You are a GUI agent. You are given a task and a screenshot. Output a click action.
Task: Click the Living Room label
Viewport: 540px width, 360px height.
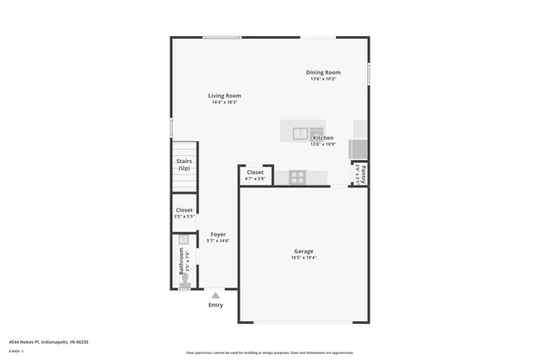pyautogui.click(x=225, y=95)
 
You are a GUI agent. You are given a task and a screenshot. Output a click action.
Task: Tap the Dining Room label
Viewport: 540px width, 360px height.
pyautogui.click(x=323, y=73)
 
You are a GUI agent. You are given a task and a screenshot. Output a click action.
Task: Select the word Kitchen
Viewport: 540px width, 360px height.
pyautogui.click(x=323, y=137)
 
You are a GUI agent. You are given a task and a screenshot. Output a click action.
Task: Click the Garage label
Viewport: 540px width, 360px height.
pyautogui.click(x=304, y=251)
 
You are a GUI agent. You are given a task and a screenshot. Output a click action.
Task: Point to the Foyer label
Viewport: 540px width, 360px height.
pyautogui.click(x=218, y=234)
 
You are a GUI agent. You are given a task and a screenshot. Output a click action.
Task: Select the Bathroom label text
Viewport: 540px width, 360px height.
pyautogui.click(x=181, y=261)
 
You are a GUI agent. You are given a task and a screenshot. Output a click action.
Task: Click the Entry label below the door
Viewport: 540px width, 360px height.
pyautogui.click(x=216, y=305)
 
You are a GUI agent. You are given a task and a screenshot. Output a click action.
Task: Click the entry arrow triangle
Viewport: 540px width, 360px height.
pyautogui.click(x=216, y=295)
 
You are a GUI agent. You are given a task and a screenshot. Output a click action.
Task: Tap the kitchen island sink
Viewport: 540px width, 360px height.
pyautogui.click(x=300, y=132)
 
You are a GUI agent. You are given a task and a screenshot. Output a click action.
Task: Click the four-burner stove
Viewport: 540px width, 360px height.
pyautogui.click(x=297, y=176)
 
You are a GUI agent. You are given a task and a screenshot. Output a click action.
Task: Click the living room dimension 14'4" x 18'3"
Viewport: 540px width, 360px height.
pyautogui.click(x=225, y=103)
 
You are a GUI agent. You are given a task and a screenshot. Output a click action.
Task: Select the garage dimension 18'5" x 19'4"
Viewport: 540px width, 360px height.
pyautogui.click(x=304, y=258)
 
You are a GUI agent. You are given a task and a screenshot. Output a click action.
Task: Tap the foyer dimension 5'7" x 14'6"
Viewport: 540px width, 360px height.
pyautogui.click(x=218, y=241)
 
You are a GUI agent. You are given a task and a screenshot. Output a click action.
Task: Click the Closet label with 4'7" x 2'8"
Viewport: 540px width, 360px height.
pyautogui.click(x=255, y=172)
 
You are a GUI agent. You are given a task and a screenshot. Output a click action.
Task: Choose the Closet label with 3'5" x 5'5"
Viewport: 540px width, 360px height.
pyautogui.click(x=184, y=210)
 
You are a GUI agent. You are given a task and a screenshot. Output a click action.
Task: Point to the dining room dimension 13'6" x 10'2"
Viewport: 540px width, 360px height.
pyautogui.click(x=323, y=79)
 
